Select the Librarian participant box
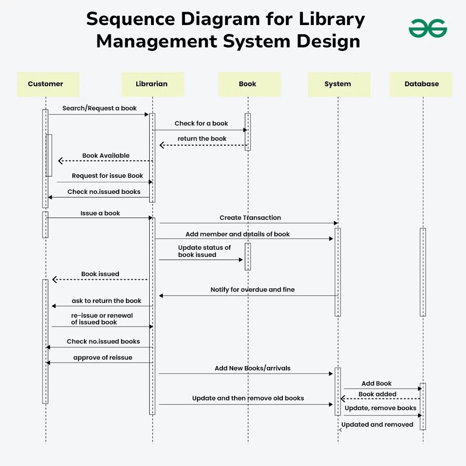point(152,84)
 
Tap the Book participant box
point(248,84)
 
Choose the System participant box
point(338,84)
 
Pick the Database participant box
point(421,84)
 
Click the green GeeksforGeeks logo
point(428,29)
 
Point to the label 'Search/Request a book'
point(100,108)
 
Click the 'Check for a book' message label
point(201,123)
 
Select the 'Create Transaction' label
point(250,218)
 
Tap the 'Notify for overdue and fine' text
point(252,290)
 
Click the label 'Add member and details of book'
point(238,234)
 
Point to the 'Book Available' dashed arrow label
point(106,155)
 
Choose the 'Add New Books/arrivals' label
point(252,368)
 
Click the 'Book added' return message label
point(377,394)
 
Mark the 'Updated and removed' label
point(377,424)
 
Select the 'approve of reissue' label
point(103,357)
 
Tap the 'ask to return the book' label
point(106,301)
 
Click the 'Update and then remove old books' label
point(248,398)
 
